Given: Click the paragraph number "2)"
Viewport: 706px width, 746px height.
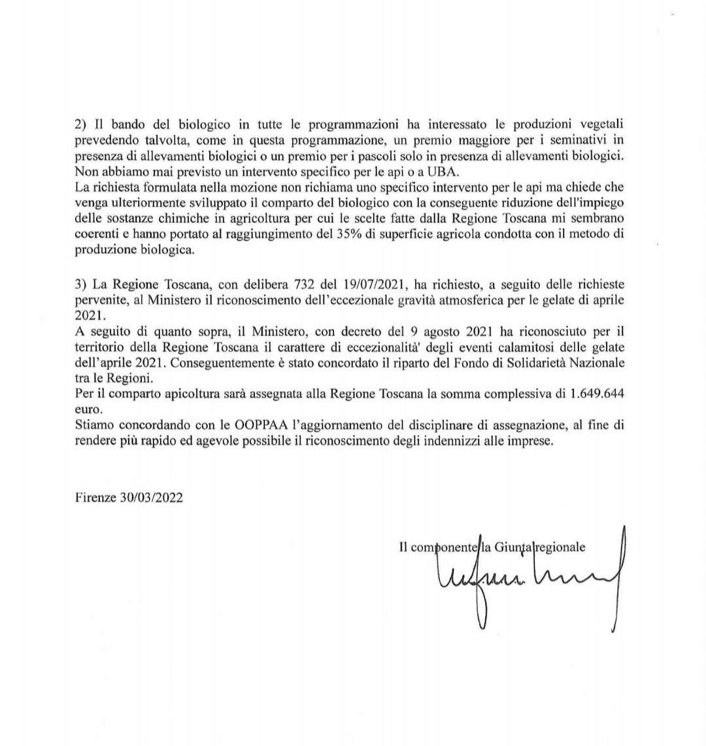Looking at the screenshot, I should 81,124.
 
